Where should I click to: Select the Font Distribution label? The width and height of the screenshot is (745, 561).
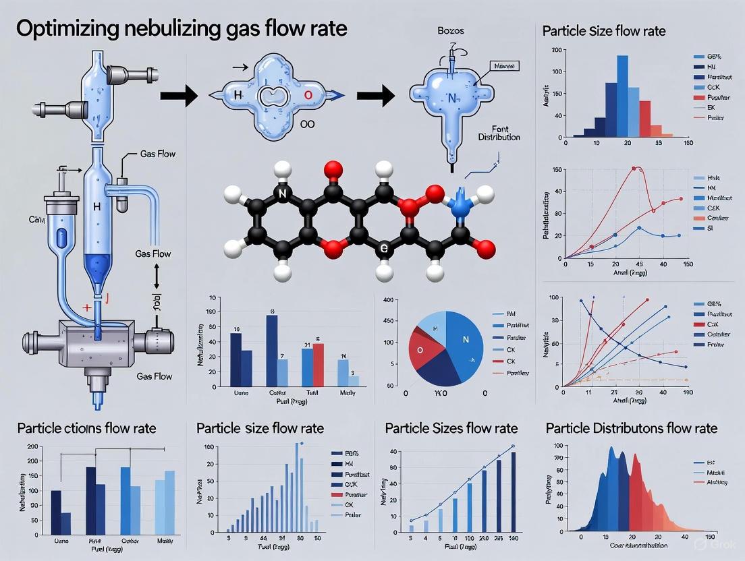tap(499, 132)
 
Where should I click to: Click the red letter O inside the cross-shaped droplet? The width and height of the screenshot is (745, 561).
tap(308, 95)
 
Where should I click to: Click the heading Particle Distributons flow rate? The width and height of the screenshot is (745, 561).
tap(631, 428)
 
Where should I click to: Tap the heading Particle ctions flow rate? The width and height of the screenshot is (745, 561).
tap(86, 428)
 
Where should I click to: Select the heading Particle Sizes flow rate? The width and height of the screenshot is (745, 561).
tap(451, 428)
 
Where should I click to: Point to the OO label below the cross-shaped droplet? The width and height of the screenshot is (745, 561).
tap(306, 124)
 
